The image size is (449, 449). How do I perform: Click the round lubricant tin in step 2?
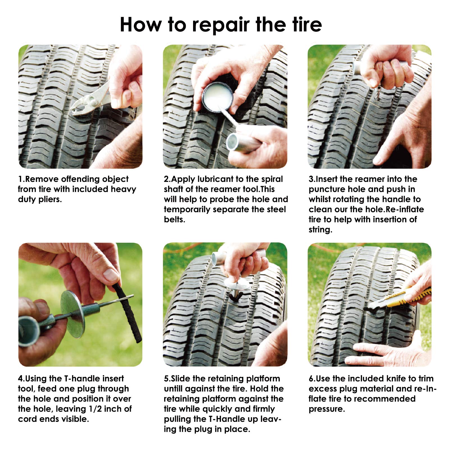pyautogui.click(x=217, y=97)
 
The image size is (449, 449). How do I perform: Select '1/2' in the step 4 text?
pyautogui.click(x=95, y=409)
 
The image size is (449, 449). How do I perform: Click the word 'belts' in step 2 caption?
pyautogui.click(x=174, y=219)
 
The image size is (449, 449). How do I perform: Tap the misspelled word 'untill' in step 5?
pyautogui.click(x=173, y=389)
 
